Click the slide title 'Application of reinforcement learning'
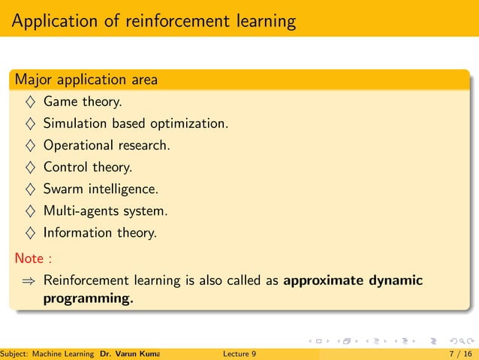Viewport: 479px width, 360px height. pos(153,20)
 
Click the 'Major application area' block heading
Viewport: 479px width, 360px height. pos(86,79)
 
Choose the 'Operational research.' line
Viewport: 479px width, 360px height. pos(107,145)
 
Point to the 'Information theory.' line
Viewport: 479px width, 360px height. pos(100,232)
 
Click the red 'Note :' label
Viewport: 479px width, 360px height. pos(33,259)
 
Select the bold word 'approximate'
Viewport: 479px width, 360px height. pos(324,281)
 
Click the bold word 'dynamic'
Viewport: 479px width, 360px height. pos(396,281)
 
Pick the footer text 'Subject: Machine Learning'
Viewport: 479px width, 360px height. pos(47,352)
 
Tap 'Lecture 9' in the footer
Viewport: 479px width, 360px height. pos(239,352)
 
